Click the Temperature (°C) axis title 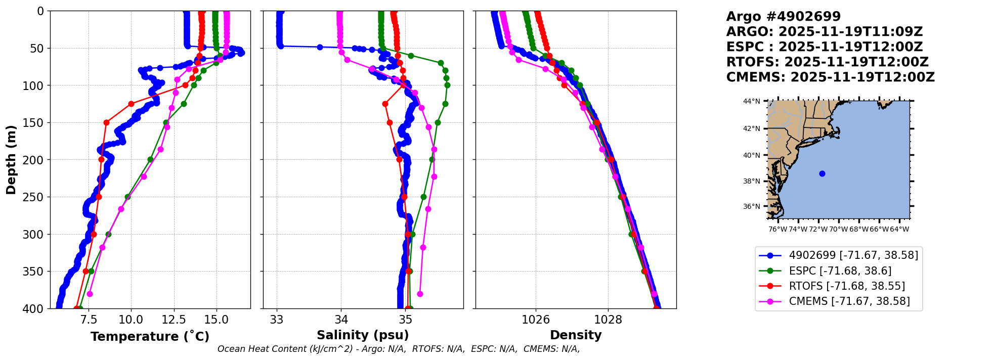(150, 337)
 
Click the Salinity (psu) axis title (363, 335)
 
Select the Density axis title (576, 335)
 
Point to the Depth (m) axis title (11, 160)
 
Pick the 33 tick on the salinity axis (277, 320)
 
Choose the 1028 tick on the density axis (608, 320)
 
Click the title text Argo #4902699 (784, 17)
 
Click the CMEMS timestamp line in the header (831, 77)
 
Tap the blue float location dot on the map (822, 173)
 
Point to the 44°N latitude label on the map (752, 102)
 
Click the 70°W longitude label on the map (838, 229)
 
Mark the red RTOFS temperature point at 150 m (106, 122)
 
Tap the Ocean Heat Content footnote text (399, 349)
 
